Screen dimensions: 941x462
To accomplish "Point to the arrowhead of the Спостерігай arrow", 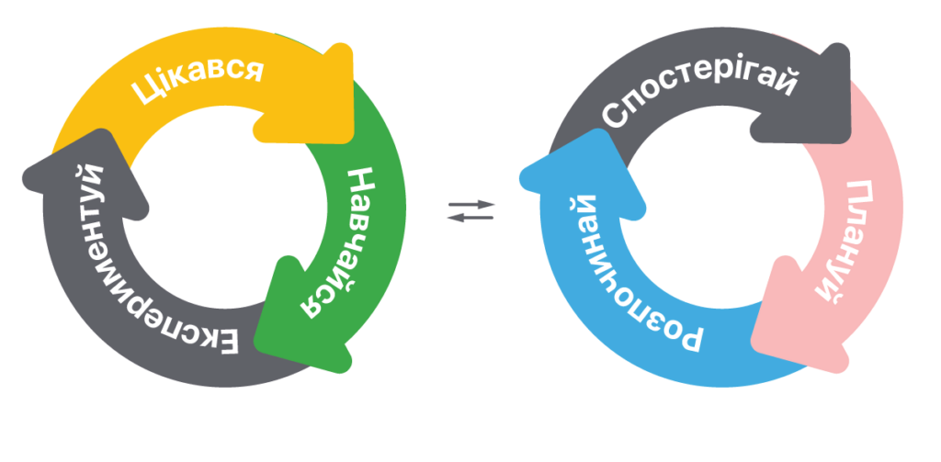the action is click(804, 96).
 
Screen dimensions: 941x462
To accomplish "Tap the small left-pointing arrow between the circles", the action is click(470, 217).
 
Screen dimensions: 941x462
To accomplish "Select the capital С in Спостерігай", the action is click(615, 115).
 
